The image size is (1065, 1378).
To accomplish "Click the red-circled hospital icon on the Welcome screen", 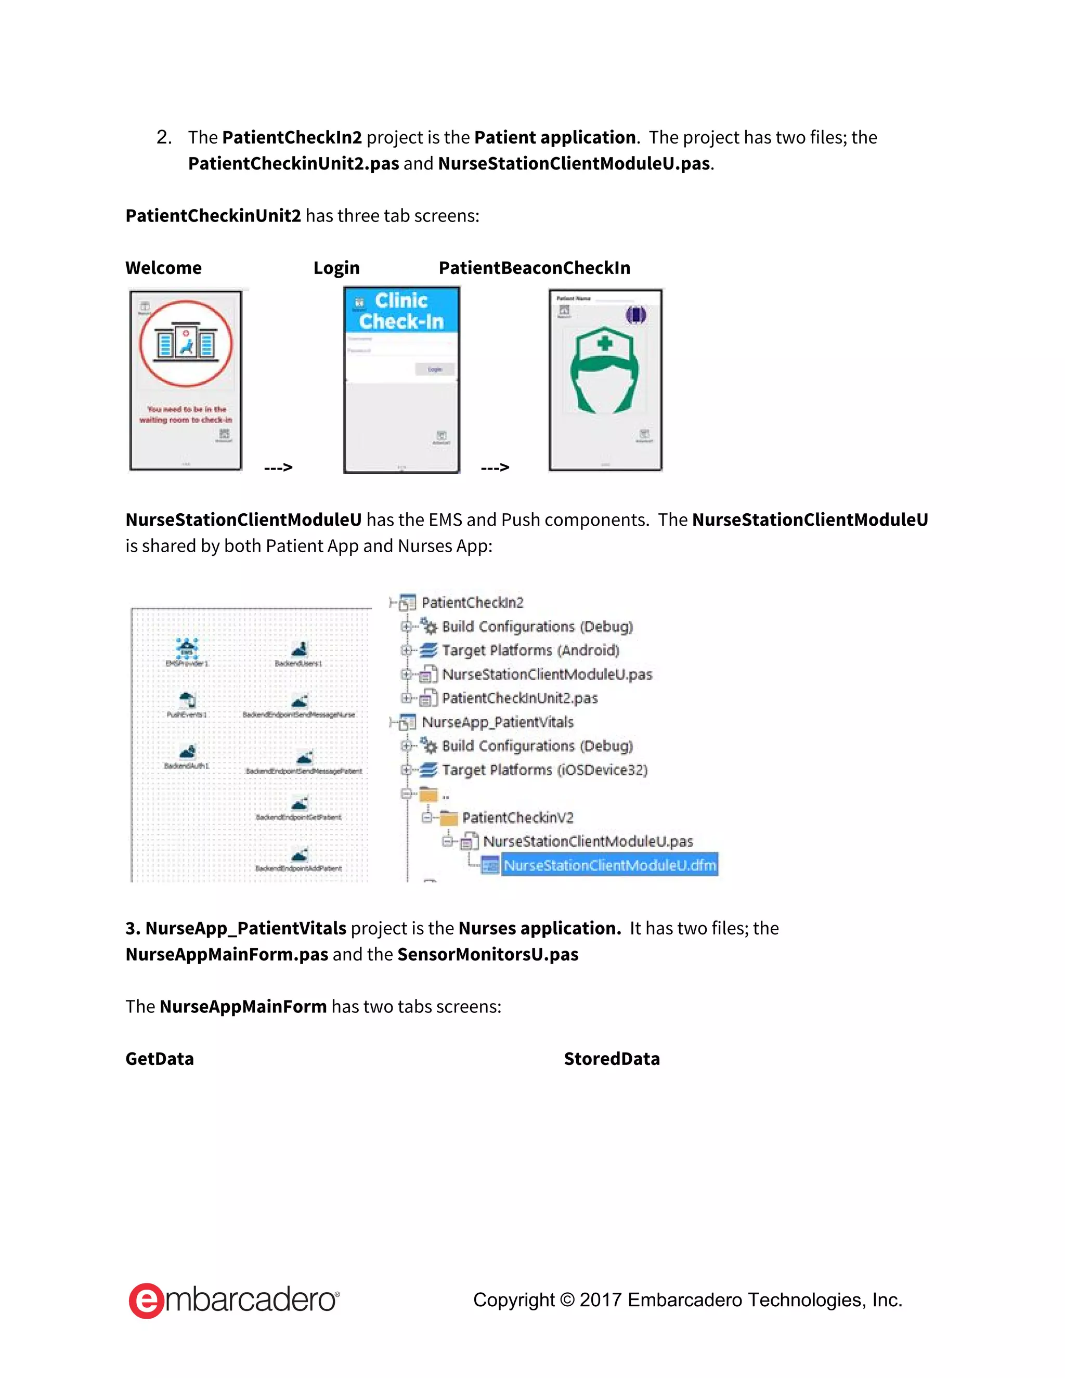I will [x=186, y=344].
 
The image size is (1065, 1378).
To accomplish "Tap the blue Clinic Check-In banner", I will [x=401, y=311].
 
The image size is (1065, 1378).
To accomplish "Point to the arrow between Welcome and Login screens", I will [x=278, y=467].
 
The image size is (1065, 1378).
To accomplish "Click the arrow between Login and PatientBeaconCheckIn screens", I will [x=495, y=467].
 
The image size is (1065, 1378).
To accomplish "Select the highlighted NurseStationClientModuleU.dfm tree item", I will [x=609, y=865].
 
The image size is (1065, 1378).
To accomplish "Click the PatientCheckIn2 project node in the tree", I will [x=472, y=603].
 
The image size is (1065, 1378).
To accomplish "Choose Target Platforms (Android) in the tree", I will [x=530, y=651].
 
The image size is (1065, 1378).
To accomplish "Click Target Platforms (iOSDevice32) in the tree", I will [x=544, y=770].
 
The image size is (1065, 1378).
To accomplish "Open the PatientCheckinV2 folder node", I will [x=517, y=818].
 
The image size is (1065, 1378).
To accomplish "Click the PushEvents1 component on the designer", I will [x=187, y=700].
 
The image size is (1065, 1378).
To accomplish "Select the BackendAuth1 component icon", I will [x=187, y=751].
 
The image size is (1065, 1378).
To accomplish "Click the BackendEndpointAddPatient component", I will [x=299, y=855].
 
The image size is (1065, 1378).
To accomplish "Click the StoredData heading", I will [x=612, y=1059].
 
